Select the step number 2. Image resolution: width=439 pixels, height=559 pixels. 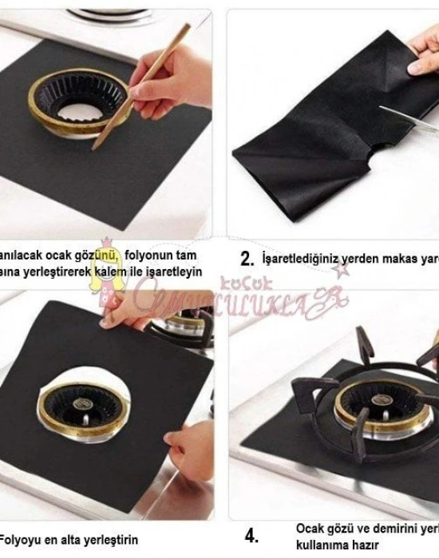pos(247,258)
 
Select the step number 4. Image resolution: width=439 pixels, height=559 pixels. pos(251,534)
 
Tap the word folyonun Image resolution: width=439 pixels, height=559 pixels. pos(155,255)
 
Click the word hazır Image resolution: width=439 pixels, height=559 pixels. pos(354,543)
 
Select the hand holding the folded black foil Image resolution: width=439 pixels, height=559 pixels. pos(421,60)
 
